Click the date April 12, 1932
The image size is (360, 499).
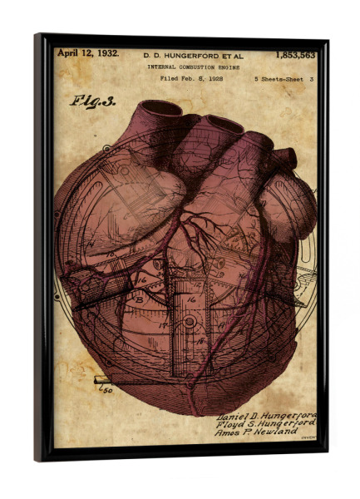pyautogui.click(x=88, y=53)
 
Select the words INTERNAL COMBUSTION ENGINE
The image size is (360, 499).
pyautogui.click(x=195, y=67)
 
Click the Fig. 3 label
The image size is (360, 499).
pyautogui.click(x=92, y=101)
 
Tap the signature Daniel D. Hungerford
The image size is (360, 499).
pyautogui.click(x=266, y=414)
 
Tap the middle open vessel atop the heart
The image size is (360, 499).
pyautogui.click(x=220, y=125)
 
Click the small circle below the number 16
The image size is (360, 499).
pyautogui.click(x=190, y=321)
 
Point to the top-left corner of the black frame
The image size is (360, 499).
pyautogui.click(x=37, y=36)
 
